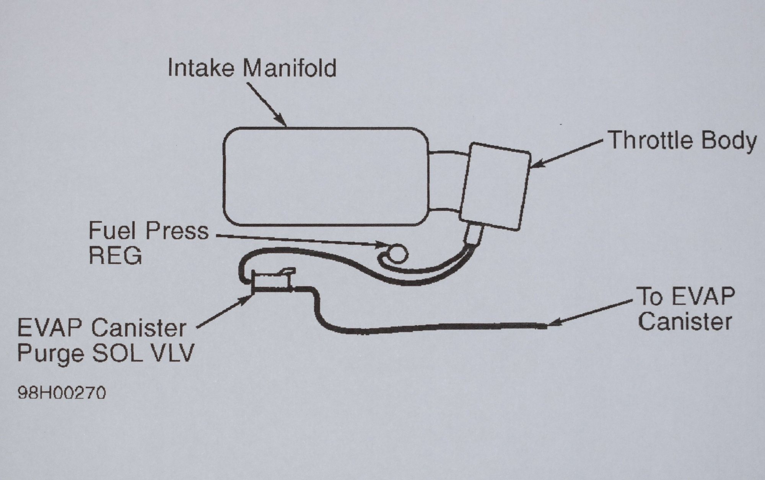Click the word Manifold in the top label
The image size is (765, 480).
(290, 68)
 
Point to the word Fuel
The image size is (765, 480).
(110, 231)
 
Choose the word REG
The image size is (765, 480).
(115, 256)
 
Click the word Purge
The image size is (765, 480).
(50, 354)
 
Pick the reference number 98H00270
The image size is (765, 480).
(62, 393)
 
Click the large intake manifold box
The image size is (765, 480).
(325, 176)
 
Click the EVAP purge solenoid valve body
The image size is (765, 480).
(272, 282)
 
